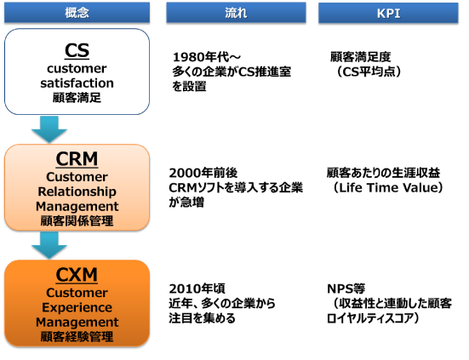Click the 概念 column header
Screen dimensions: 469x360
pos(77,13)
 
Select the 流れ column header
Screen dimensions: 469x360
pos(236,13)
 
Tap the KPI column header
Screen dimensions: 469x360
pos(388,13)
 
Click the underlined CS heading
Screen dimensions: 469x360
pos(77,50)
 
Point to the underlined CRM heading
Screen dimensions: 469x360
pos(77,158)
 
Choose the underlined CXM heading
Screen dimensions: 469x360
pos(77,275)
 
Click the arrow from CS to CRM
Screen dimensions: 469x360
pos(49,129)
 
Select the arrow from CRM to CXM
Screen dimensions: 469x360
pos(49,245)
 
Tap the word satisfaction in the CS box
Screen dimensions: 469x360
pos(77,83)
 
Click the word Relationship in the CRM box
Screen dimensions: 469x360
pos(77,191)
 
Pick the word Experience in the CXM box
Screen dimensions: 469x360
pos(77,307)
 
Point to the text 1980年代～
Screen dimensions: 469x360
pos(207,57)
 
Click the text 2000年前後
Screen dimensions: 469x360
pos(203,173)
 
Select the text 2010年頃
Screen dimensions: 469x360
pos(197,289)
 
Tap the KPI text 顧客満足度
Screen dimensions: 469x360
pos(360,57)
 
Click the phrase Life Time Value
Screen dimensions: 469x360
pos(388,188)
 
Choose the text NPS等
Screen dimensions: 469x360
pos(346,289)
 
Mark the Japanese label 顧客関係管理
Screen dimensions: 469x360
pos(77,221)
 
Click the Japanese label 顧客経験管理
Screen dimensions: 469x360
pos(77,337)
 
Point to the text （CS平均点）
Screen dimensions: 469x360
pos(369,71)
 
